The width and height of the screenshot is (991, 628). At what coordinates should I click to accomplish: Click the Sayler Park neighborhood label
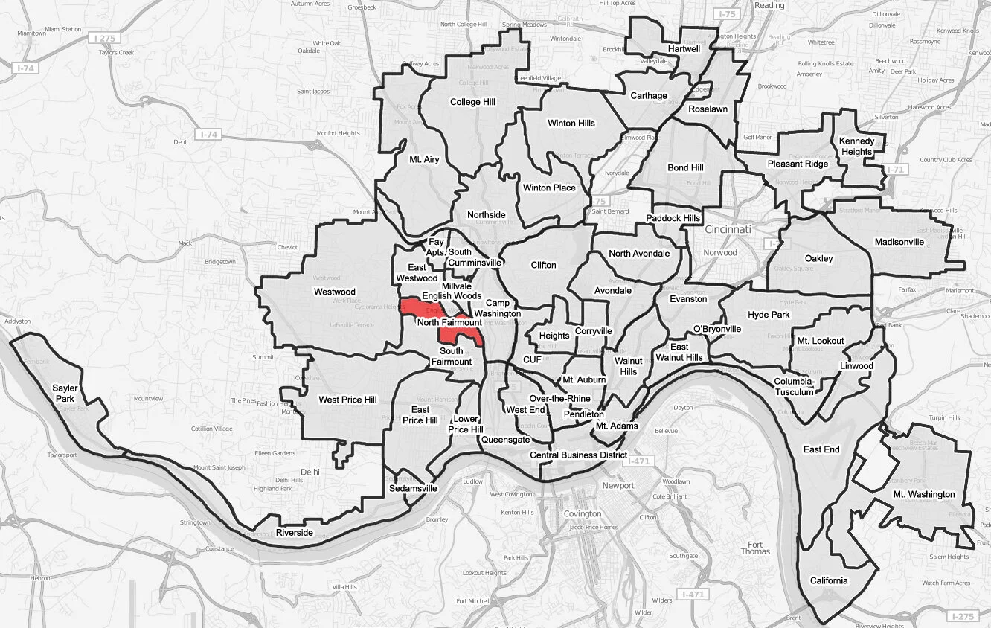tap(64, 394)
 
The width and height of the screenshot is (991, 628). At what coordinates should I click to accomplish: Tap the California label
tap(828, 581)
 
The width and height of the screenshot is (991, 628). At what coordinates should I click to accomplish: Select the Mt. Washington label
tap(923, 494)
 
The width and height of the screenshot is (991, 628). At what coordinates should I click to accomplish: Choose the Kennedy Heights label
tap(856, 147)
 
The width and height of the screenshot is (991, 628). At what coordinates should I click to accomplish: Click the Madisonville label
tap(899, 242)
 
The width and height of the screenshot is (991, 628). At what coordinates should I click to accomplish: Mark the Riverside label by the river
tap(295, 534)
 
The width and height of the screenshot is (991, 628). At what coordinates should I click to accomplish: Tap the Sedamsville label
tap(413, 489)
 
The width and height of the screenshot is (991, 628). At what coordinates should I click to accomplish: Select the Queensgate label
tap(505, 440)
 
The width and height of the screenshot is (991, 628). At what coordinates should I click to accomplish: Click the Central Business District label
tap(578, 455)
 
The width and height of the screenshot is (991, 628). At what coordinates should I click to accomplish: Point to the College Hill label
tap(472, 102)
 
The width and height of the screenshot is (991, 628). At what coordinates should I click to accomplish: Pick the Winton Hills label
tap(571, 123)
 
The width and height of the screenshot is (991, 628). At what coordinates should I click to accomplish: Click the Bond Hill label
tap(685, 168)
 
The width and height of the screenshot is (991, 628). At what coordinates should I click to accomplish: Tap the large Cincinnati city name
tap(728, 229)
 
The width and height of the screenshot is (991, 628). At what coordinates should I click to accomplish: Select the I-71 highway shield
tap(892, 170)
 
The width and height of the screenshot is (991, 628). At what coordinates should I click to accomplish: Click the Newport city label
tap(618, 486)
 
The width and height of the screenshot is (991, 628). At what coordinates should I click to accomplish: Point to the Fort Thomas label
tap(755, 547)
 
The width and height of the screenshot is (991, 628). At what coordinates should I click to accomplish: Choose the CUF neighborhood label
tap(532, 359)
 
